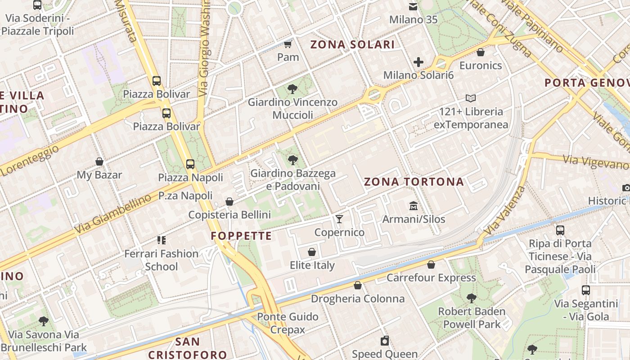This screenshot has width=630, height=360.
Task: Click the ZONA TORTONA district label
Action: pyautogui.click(x=414, y=182)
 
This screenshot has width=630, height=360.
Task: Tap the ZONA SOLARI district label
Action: pyautogui.click(x=352, y=45)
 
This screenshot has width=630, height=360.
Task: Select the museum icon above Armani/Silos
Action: pyautogui.click(x=413, y=206)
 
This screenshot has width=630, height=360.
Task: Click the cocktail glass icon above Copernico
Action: pyautogui.click(x=339, y=219)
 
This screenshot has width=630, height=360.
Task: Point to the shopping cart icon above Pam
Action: pyautogui.click(x=288, y=44)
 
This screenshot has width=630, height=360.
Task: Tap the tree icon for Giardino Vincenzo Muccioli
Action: pyautogui.click(x=292, y=89)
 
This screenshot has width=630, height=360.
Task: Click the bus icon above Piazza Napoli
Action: pyautogui.click(x=190, y=164)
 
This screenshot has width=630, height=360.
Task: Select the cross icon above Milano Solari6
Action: pyautogui.click(x=418, y=62)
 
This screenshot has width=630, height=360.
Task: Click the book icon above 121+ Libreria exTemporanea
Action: pyautogui.click(x=471, y=98)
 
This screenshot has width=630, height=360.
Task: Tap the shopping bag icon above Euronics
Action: pyautogui.click(x=481, y=52)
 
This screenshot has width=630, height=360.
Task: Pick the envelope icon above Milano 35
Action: pyautogui.click(x=413, y=7)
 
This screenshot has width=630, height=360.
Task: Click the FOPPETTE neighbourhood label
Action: pyautogui.click(x=241, y=236)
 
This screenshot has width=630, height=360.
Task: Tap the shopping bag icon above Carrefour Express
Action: pyautogui.click(x=431, y=265)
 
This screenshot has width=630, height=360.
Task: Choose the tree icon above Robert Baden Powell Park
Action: pyautogui.click(x=471, y=298)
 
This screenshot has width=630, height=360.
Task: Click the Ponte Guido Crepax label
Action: pyautogui.click(x=288, y=323)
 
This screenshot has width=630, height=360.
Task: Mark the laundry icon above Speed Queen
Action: pyautogui.click(x=385, y=341)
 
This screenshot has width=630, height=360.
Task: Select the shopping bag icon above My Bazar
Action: pyautogui.click(x=99, y=162)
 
